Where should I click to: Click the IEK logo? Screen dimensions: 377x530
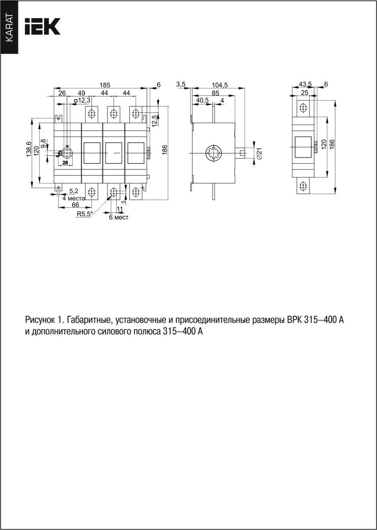[43, 27]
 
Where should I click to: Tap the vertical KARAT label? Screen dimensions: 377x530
[9, 28]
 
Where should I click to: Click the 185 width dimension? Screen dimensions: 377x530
[105, 85]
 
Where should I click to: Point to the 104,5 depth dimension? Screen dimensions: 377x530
[220, 85]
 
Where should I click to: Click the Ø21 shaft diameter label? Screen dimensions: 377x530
[259, 154]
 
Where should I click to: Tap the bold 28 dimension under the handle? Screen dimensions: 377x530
[65, 163]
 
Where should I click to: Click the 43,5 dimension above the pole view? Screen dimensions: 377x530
[305, 84]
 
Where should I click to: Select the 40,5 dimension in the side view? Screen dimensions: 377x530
[202, 100]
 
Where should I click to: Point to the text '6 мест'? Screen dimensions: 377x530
[119, 218]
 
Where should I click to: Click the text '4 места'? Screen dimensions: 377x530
[74, 198]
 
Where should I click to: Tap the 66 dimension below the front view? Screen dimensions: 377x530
[75, 205]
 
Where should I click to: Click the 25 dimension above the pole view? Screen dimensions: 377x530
[305, 93]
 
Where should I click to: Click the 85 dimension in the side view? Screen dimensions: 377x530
[215, 93]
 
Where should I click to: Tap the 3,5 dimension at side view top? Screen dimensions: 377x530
[181, 84]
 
